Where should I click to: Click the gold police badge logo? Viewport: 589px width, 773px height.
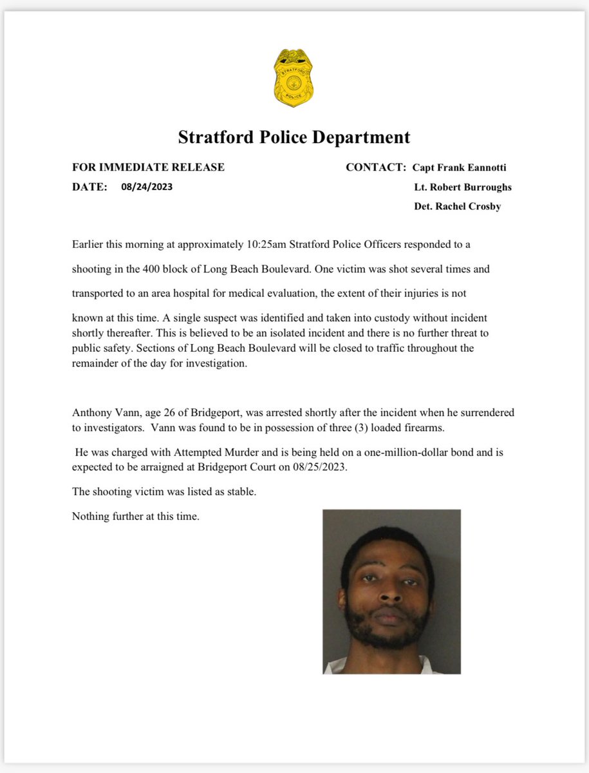294,78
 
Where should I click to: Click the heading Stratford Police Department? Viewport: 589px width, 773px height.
294,137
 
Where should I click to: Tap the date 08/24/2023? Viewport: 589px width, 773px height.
146,187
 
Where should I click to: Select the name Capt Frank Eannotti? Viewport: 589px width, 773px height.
460,167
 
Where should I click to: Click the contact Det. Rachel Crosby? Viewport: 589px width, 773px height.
457,207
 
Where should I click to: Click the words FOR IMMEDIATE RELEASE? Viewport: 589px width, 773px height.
148,167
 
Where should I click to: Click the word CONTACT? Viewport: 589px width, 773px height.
376,167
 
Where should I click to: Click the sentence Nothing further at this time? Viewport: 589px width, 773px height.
136,516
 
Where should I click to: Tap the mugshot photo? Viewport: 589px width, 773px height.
391,591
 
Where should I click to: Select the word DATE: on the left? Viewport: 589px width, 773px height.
89,187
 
